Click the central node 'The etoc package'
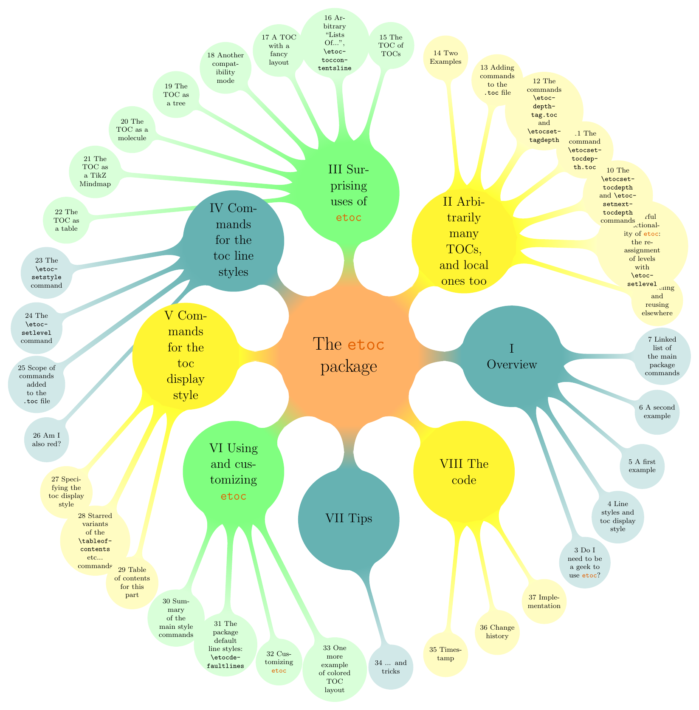click(x=349, y=354)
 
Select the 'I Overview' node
click(x=511, y=356)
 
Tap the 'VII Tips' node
click(x=349, y=519)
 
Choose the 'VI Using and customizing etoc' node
click(x=233, y=472)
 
